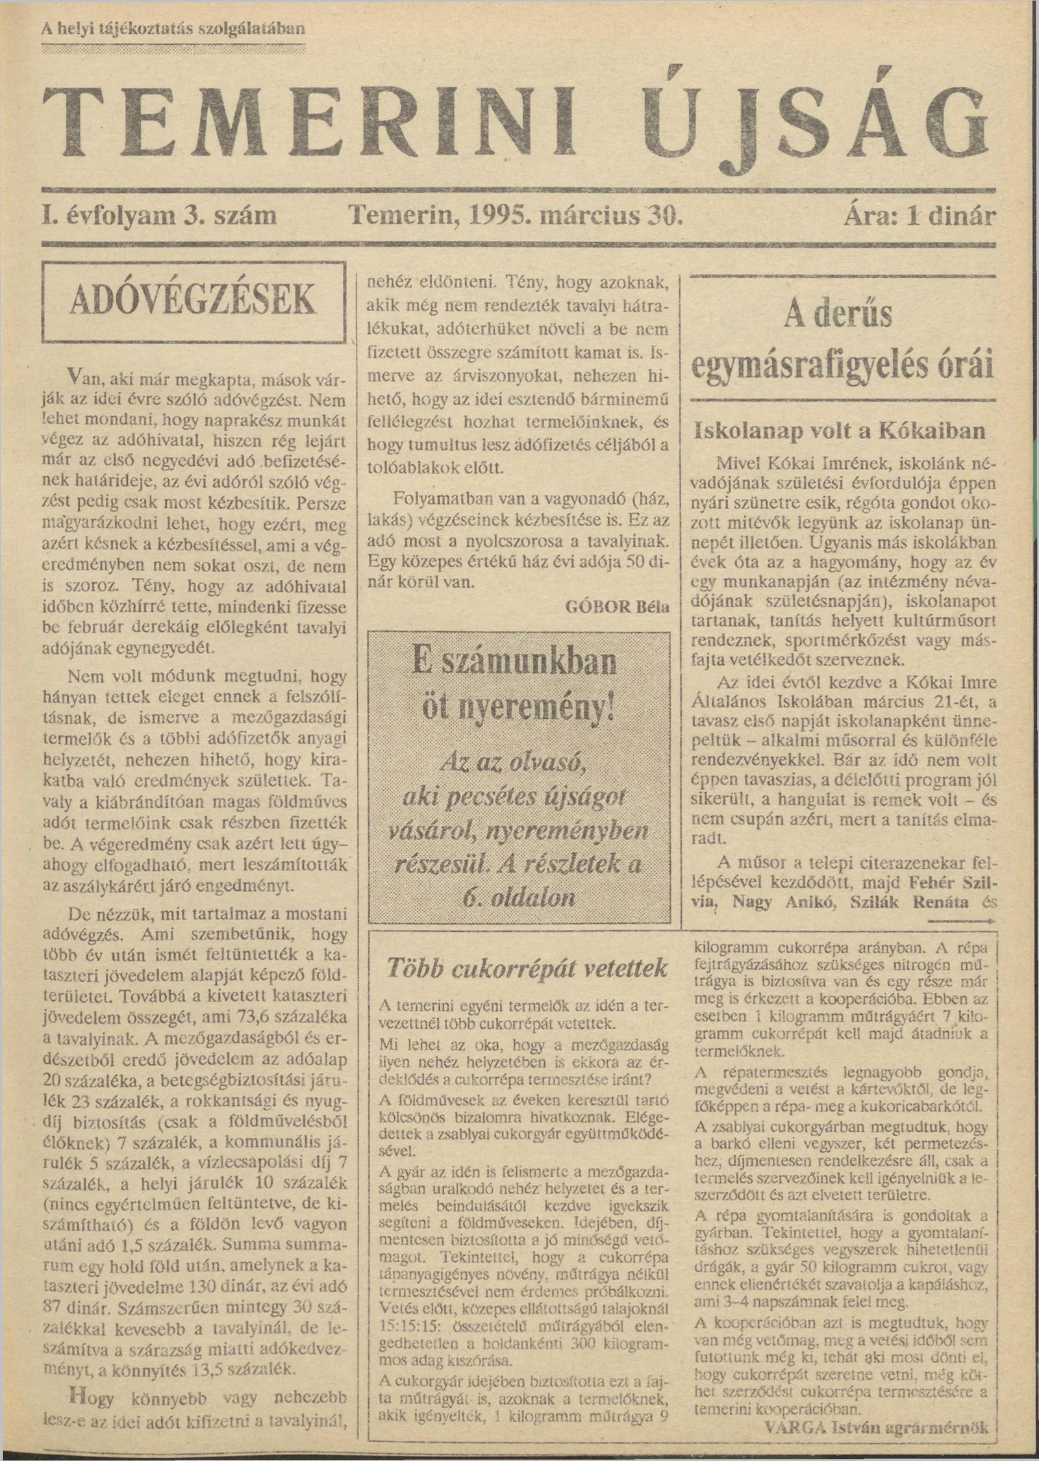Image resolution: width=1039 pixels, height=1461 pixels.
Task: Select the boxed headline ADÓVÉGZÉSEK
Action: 193,300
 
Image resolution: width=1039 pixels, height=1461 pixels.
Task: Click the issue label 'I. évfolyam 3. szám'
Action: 159,215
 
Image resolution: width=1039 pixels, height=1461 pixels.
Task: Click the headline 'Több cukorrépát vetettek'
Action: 527,968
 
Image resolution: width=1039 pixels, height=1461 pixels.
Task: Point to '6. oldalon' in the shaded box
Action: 519,898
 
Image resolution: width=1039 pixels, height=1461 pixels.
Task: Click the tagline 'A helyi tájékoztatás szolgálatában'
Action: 173,29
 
